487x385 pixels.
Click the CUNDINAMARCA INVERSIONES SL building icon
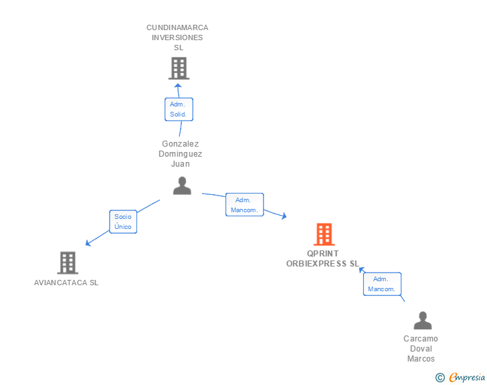[178, 68]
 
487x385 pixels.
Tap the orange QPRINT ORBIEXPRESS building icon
[324, 234]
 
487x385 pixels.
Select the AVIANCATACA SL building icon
[68, 262]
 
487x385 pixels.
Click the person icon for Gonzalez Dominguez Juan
[182, 185]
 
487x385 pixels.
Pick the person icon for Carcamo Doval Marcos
[422, 321]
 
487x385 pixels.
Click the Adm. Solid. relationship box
[179, 109]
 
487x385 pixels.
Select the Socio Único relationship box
[123, 222]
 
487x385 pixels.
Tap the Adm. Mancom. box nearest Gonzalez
[245, 205]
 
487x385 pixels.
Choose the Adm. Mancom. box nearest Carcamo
[382, 284]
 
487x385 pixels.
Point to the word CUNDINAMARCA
[177, 27]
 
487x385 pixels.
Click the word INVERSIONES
[177, 37]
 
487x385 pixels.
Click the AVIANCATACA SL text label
[66, 283]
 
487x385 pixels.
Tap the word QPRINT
[323, 254]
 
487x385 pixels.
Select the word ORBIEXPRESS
[314, 264]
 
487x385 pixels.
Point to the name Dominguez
[180, 153]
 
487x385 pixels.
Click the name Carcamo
[421, 339]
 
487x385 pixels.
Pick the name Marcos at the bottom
[421, 359]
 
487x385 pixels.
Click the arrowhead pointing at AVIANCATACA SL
[88, 243]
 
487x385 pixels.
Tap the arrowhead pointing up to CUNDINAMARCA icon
[178, 86]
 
